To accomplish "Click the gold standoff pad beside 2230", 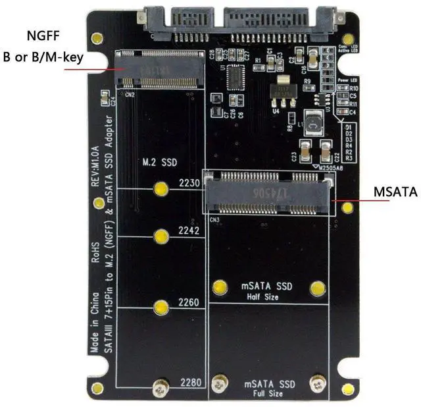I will point(161,190).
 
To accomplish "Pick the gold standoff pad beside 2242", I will point(161,236).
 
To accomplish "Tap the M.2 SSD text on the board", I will point(160,162).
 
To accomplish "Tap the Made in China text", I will point(96,323).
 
